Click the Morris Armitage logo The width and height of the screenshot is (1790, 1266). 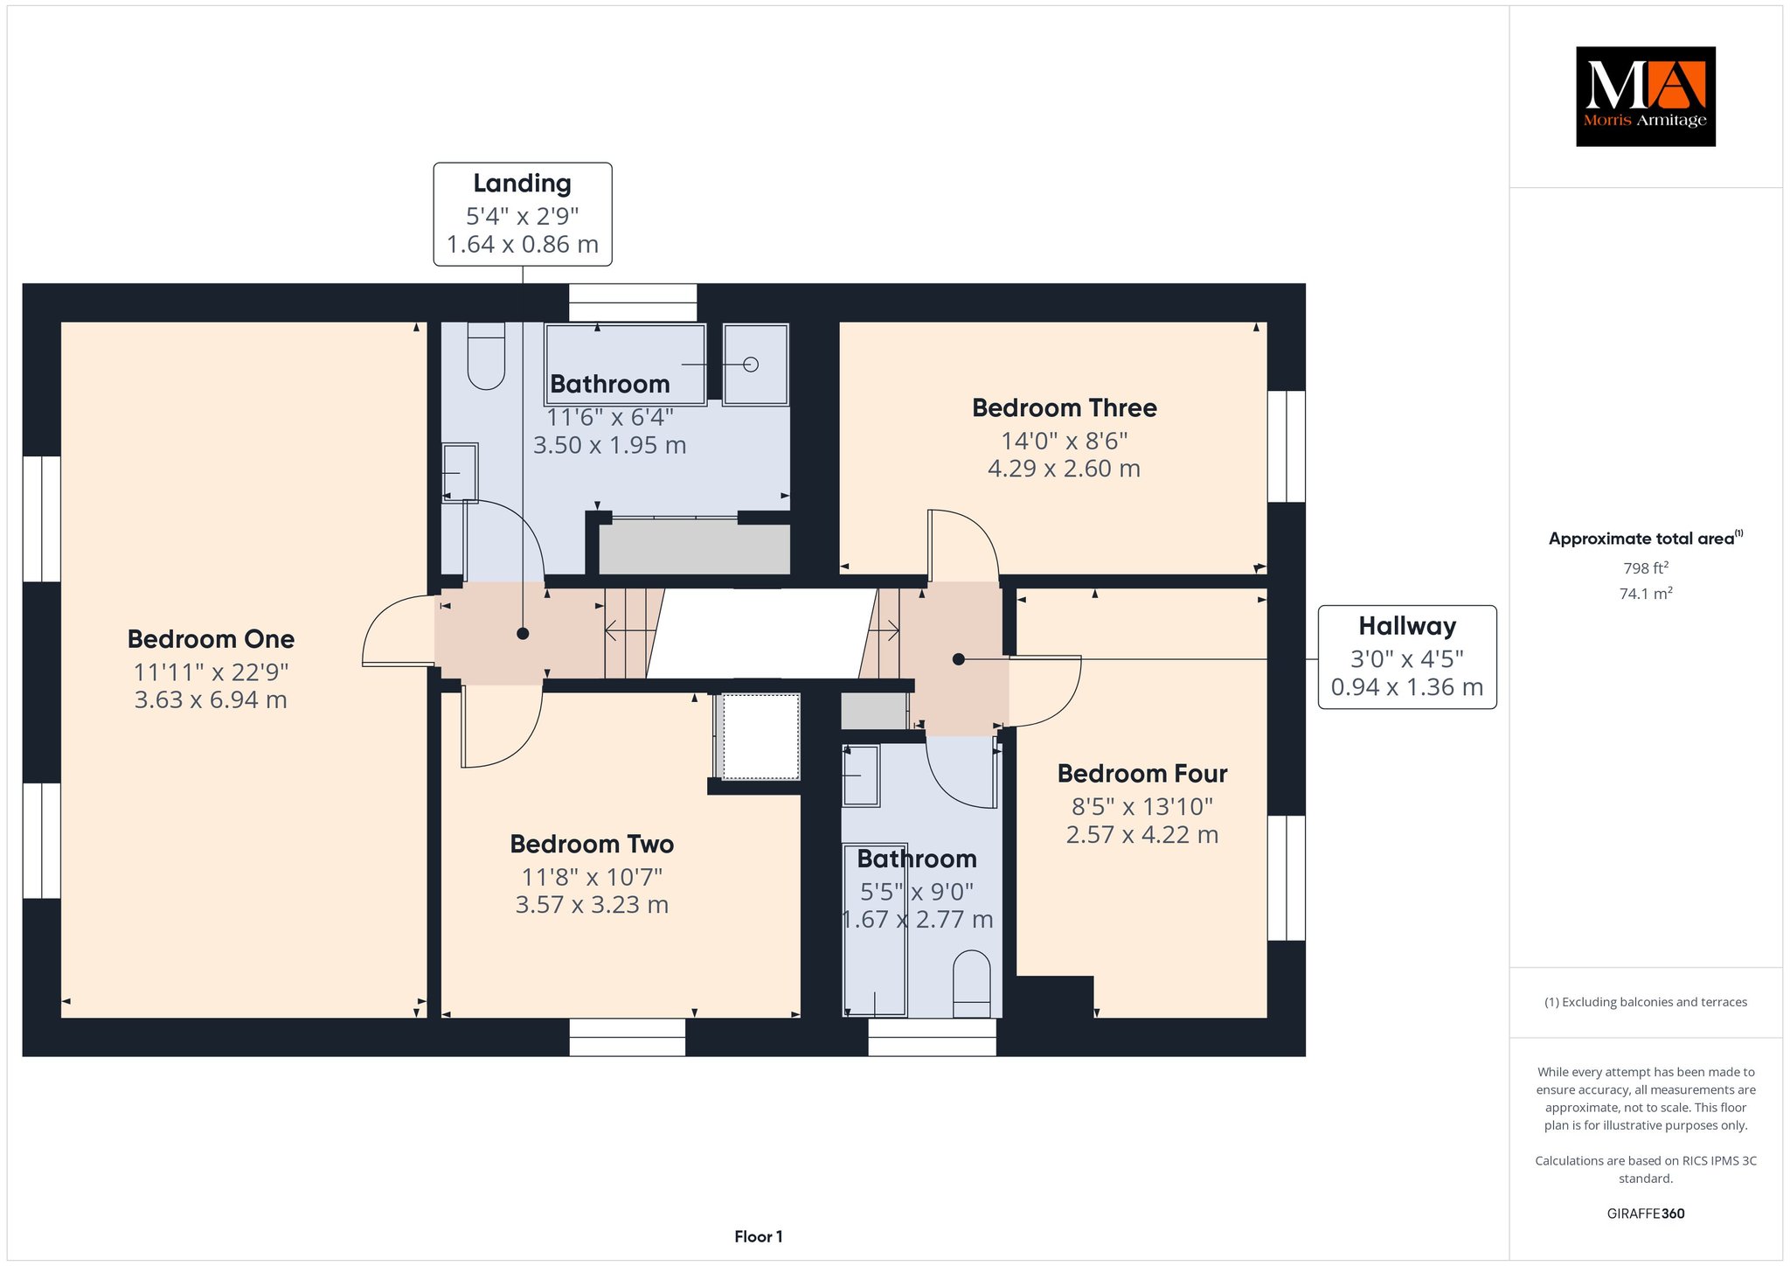(x=1645, y=96)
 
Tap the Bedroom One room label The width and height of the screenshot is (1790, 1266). (x=211, y=639)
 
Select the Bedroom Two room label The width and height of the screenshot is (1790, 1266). (x=592, y=845)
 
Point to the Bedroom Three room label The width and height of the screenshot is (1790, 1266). (x=1064, y=408)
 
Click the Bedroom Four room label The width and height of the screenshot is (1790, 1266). (x=1142, y=774)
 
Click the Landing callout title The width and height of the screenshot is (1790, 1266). (x=523, y=184)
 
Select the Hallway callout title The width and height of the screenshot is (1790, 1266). (x=1407, y=626)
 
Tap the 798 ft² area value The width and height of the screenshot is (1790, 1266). (x=1646, y=568)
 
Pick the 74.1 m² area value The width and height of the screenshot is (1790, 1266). (x=1646, y=594)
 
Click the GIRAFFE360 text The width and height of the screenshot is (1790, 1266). (x=1646, y=1214)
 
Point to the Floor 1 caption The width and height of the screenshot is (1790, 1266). (x=759, y=1236)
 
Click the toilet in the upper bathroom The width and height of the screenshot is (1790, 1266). (x=487, y=356)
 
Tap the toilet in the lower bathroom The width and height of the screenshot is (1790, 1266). (x=971, y=984)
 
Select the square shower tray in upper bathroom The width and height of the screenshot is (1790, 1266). (x=756, y=364)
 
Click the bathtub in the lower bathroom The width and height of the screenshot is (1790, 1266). (x=875, y=929)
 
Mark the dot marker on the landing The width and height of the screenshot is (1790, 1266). (x=523, y=634)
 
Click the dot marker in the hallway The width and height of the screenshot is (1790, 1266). (x=959, y=659)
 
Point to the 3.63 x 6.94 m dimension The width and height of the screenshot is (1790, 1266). (x=211, y=699)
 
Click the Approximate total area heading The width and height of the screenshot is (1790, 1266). (x=1646, y=539)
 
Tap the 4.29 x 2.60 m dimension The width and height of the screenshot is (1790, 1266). (x=1064, y=469)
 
